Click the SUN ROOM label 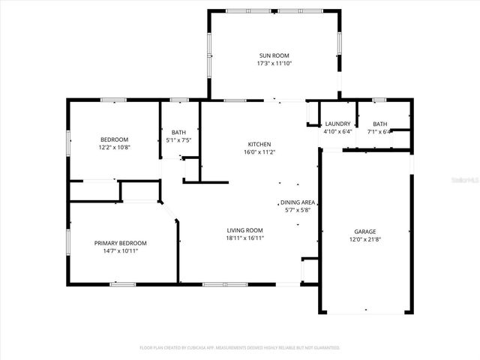pyautogui.click(x=274, y=56)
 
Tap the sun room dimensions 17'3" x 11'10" pyautogui.click(x=274, y=64)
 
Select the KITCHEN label pyautogui.click(x=259, y=144)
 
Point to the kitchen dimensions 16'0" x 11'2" pyautogui.click(x=259, y=151)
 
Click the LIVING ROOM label pyautogui.click(x=245, y=230)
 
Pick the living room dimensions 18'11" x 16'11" pyautogui.click(x=245, y=238)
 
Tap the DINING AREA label pyautogui.click(x=297, y=202)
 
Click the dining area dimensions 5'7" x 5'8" pyautogui.click(x=297, y=210)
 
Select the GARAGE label pyautogui.click(x=365, y=232)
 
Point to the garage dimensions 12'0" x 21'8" pyautogui.click(x=365, y=239)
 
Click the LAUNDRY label pyautogui.click(x=337, y=124)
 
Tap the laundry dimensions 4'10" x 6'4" pyautogui.click(x=337, y=131)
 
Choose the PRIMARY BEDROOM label pyautogui.click(x=120, y=243)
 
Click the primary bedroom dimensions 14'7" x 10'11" pyautogui.click(x=120, y=250)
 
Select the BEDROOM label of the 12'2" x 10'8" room pyautogui.click(x=115, y=139)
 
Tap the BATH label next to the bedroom pyautogui.click(x=178, y=132)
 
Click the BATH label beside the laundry pyautogui.click(x=380, y=124)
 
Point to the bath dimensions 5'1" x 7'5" pyautogui.click(x=178, y=139)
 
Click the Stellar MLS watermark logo pyautogui.click(x=462, y=181)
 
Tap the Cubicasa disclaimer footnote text pyautogui.click(x=240, y=348)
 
